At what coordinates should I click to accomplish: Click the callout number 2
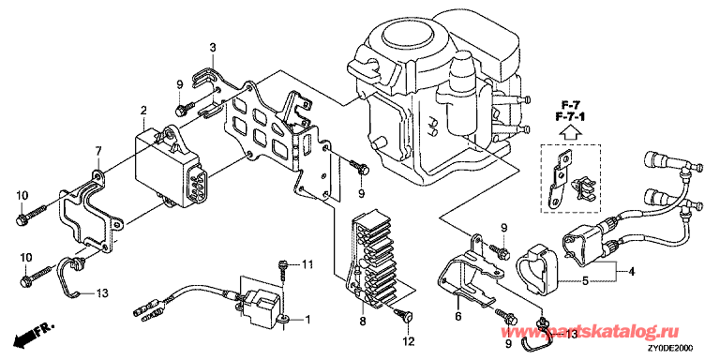tap(143, 110)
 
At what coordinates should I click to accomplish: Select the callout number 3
tap(213, 47)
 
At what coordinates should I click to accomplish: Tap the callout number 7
tap(97, 150)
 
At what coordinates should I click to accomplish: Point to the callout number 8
tap(362, 322)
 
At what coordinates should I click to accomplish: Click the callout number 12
tap(408, 341)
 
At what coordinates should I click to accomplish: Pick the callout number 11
tap(307, 264)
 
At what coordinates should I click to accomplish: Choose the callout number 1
tap(308, 319)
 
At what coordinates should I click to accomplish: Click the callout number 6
tap(457, 315)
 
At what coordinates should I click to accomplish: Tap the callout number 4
tap(632, 271)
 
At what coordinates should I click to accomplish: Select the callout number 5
tap(585, 280)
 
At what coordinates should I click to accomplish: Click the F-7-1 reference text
tap(570, 116)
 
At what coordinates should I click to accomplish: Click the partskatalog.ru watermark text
tap(592, 331)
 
